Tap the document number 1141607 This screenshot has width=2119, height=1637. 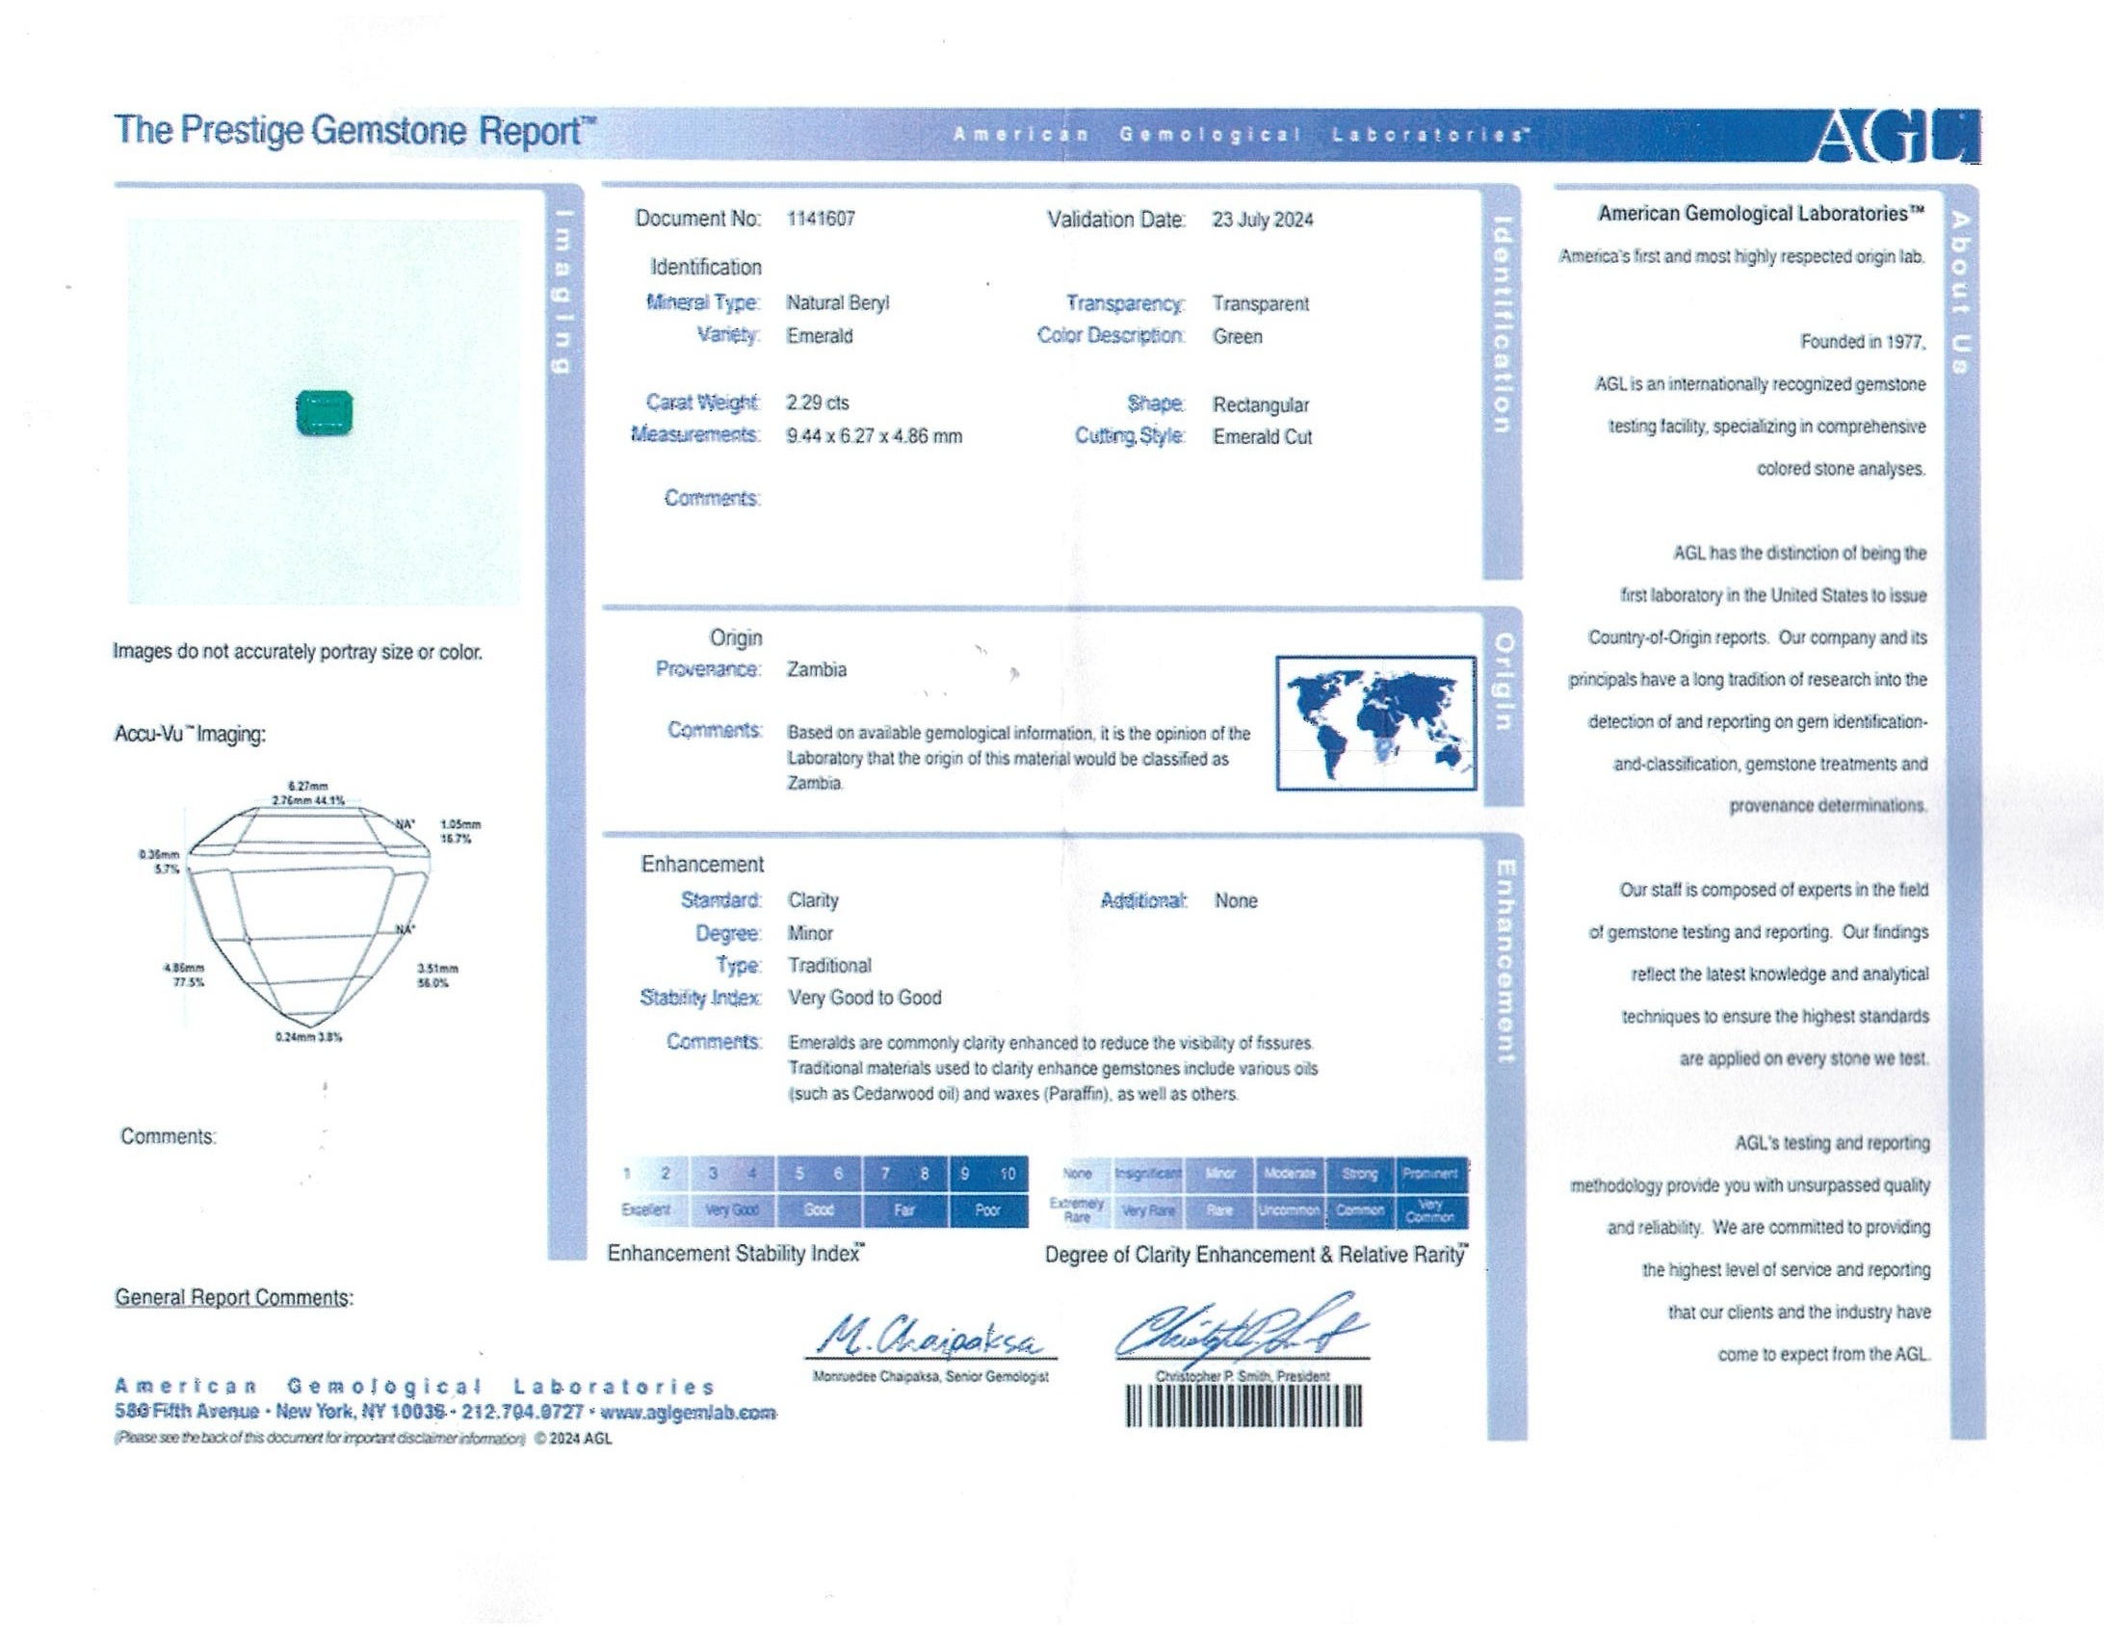coord(821,220)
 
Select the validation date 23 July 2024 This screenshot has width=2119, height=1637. coord(1263,221)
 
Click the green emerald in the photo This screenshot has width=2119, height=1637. coord(324,413)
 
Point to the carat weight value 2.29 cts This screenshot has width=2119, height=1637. coord(817,403)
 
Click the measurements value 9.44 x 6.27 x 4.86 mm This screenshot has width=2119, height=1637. coord(875,436)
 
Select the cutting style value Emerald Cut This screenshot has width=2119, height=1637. coord(1262,437)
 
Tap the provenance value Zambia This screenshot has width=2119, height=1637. coord(816,670)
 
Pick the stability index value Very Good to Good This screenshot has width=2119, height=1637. coord(865,998)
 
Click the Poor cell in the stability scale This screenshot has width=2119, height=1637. coord(987,1210)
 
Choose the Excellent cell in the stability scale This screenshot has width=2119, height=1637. coord(646,1210)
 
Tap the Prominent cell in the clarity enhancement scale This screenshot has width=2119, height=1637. coord(1430,1175)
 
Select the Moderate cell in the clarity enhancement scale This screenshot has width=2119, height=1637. coord(1290,1175)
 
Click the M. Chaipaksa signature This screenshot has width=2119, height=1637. coord(929,1339)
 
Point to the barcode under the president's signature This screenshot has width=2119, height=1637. coord(1243,1406)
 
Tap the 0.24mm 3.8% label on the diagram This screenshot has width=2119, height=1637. coord(308,1037)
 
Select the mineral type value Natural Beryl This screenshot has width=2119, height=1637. coord(837,303)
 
